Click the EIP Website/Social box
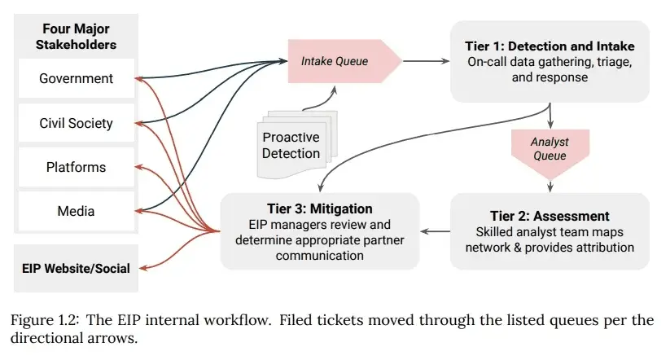pos(76,268)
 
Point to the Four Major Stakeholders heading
pos(76,37)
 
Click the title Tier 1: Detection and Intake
pos(550,46)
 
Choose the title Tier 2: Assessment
pos(550,216)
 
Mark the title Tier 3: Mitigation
pos(319,209)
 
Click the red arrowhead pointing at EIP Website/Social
pos(139,267)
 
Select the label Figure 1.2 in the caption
pos(45,319)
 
